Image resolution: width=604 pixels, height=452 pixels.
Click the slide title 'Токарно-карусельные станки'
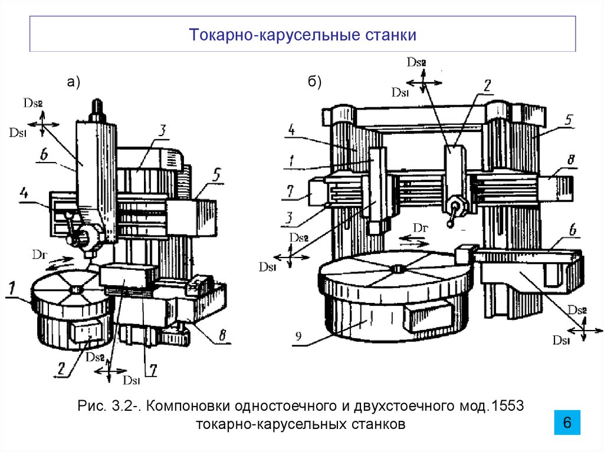(303, 35)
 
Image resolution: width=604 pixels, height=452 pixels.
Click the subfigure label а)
(73, 83)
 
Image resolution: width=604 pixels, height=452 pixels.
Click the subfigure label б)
(314, 83)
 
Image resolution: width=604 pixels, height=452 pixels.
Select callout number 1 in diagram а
(12, 288)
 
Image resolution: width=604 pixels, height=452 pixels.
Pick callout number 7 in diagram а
(152, 369)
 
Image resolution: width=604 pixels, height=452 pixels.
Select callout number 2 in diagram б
(487, 85)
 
